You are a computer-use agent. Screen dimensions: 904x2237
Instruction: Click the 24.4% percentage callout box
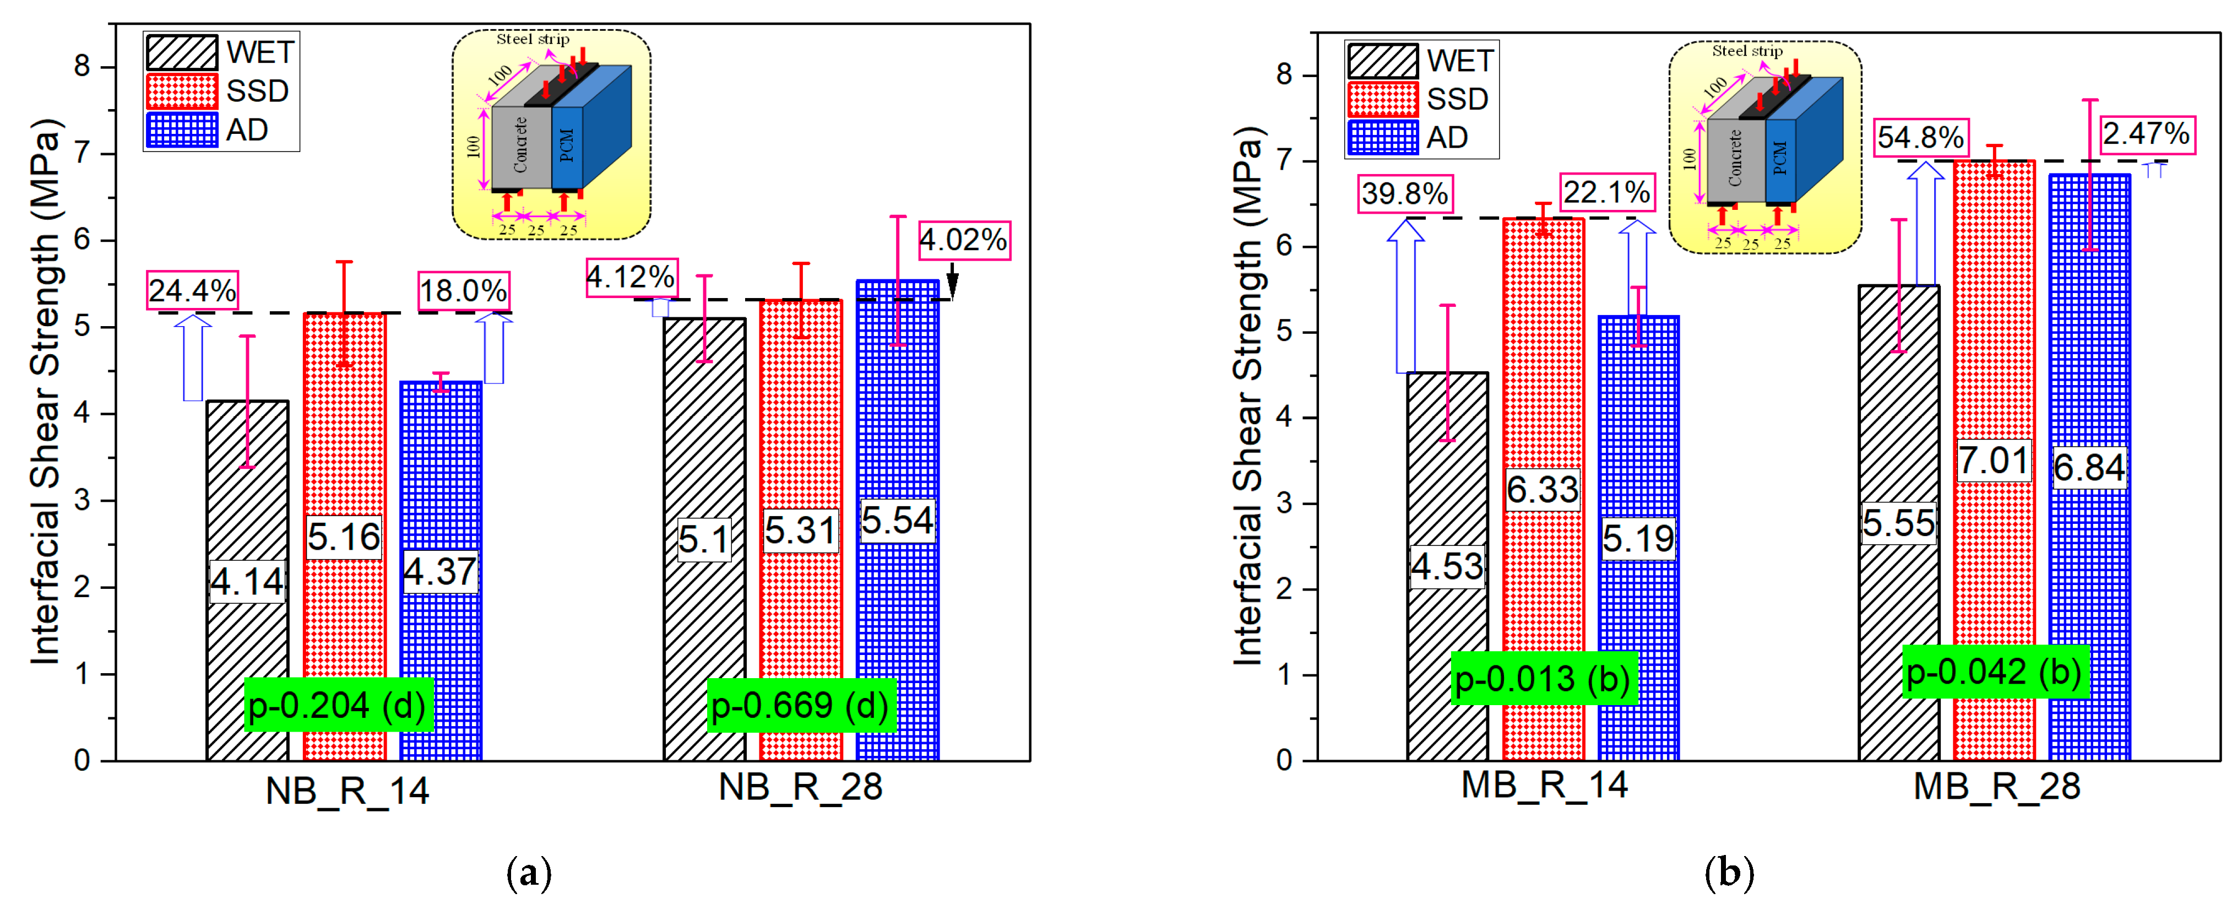click(x=192, y=290)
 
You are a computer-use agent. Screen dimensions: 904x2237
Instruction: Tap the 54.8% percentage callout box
click(x=1919, y=137)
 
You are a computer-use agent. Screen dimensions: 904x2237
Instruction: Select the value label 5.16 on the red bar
click(x=344, y=537)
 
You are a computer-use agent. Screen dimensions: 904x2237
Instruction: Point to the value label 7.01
click(x=1993, y=460)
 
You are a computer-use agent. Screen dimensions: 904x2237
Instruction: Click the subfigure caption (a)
click(x=528, y=872)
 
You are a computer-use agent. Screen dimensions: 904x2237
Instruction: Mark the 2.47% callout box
click(x=2146, y=134)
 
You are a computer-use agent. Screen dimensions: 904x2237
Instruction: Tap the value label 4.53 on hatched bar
click(x=1447, y=567)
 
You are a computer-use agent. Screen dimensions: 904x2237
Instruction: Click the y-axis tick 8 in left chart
click(x=83, y=67)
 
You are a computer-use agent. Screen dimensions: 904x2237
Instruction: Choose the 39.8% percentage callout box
click(x=1404, y=193)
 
